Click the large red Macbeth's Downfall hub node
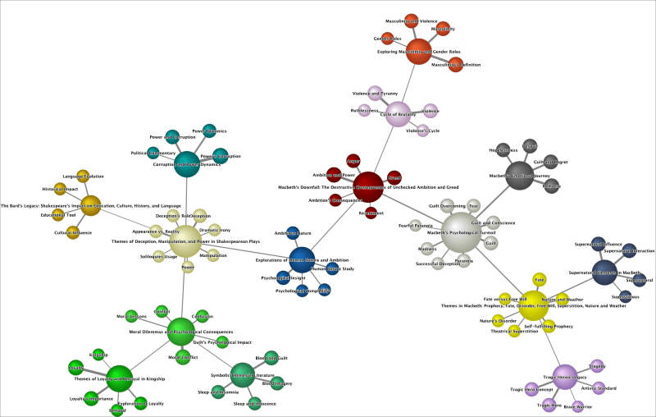pyautogui.click(x=368, y=186)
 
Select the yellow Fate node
pyautogui.click(x=539, y=280)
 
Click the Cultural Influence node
pyautogui.click(x=72, y=232)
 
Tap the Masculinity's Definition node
pyautogui.click(x=450, y=64)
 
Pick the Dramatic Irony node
pyautogui.click(x=215, y=231)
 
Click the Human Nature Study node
pyautogui.click(x=331, y=269)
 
